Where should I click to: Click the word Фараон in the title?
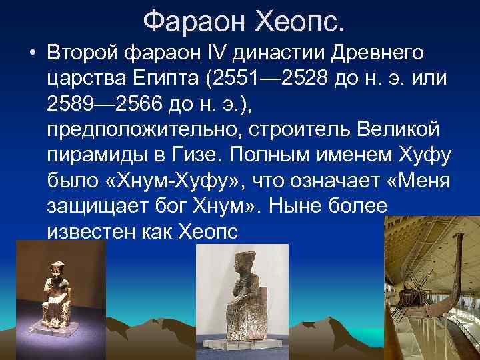[x=192, y=22]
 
